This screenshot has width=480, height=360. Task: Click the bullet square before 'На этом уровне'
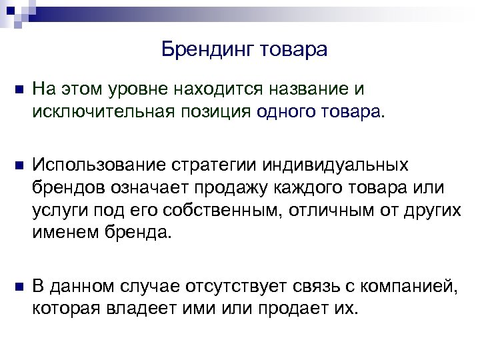[x=17, y=91]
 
